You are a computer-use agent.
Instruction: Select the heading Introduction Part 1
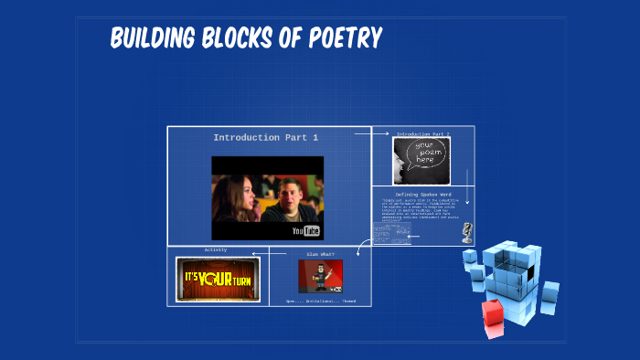(x=265, y=137)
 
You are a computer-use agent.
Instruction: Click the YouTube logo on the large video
(x=305, y=230)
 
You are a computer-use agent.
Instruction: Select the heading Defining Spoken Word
(x=423, y=194)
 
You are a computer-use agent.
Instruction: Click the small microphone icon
(x=467, y=230)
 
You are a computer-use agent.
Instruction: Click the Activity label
(x=216, y=249)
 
